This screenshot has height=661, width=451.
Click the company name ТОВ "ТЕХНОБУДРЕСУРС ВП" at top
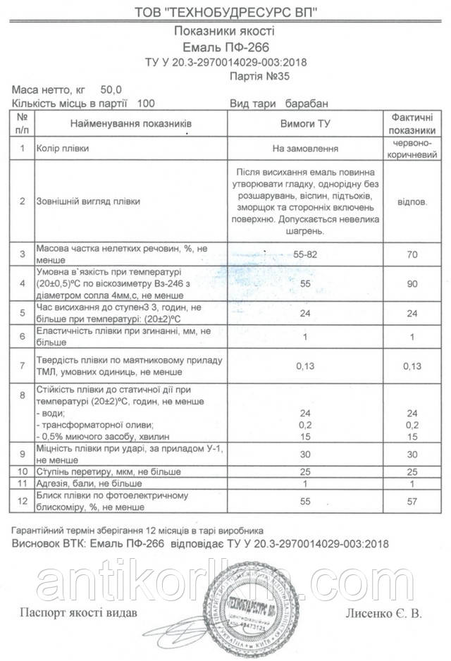(x=225, y=13)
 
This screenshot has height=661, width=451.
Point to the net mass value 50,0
(x=111, y=90)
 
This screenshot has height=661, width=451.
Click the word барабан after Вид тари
(x=307, y=104)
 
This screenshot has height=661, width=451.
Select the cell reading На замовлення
(x=305, y=149)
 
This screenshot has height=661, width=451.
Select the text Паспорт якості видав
(x=77, y=611)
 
